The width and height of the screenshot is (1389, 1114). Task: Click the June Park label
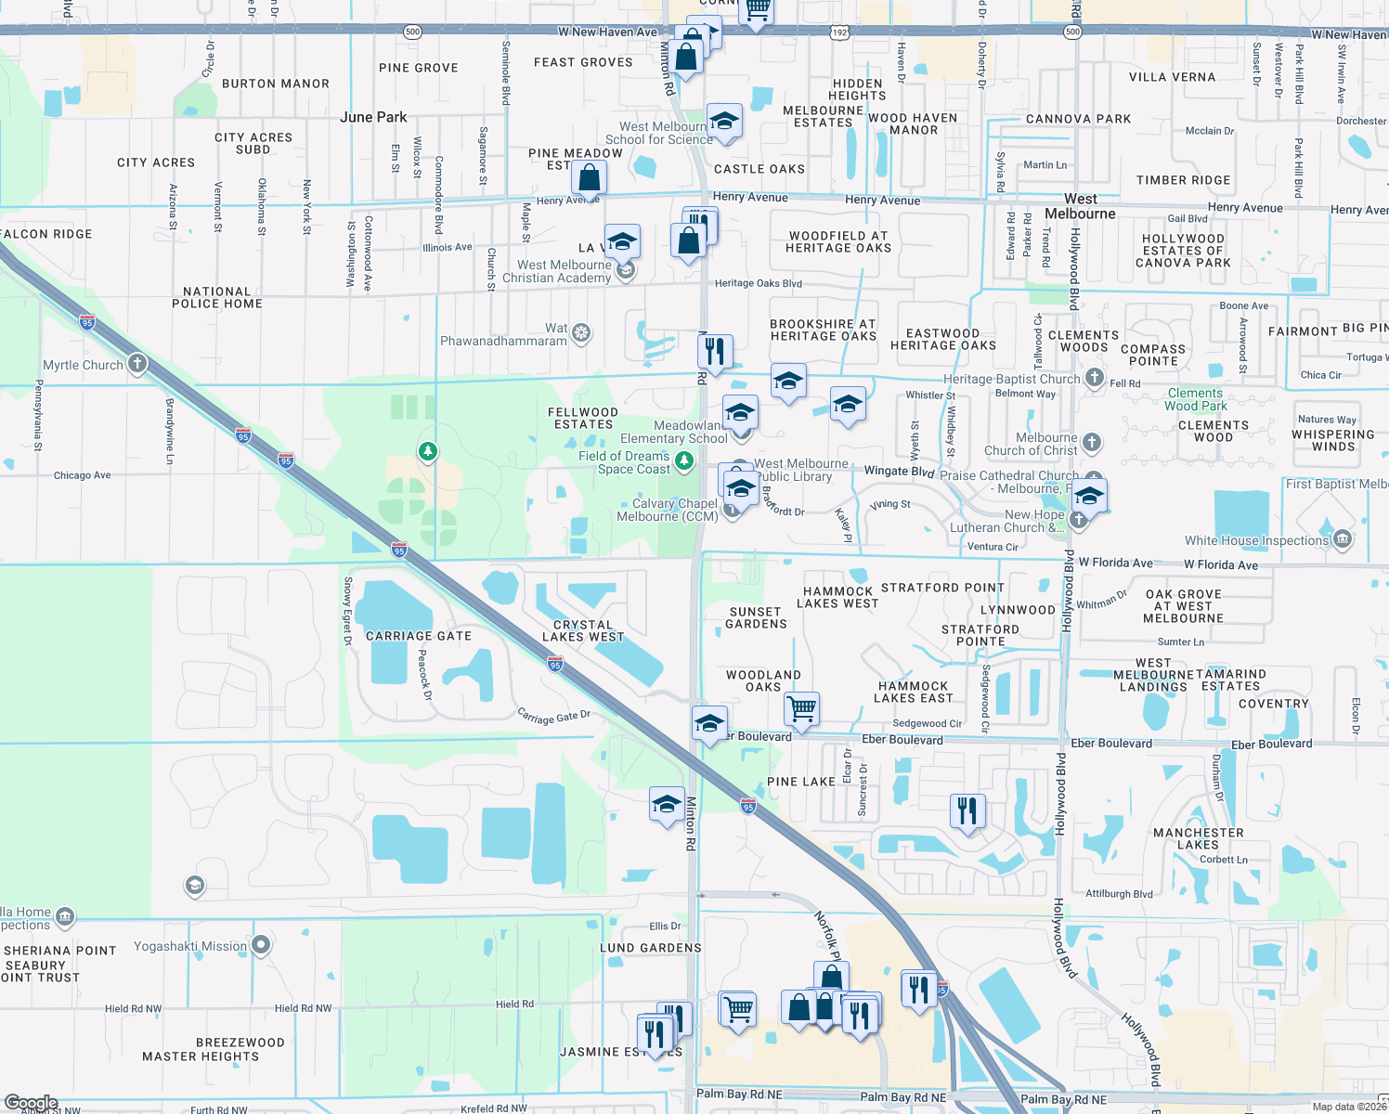pos(373,117)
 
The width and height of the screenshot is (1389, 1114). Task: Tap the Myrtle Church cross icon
pos(137,363)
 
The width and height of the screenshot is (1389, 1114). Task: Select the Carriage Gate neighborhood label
pos(419,636)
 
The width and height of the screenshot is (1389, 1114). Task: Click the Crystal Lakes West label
pos(583,631)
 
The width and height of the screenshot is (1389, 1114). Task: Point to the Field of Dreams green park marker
pos(684,460)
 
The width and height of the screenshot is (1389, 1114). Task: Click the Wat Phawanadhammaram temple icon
pos(581,332)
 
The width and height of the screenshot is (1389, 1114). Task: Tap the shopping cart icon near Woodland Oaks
pos(801,708)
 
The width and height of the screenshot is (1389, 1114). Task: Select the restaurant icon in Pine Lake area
pos(967,810)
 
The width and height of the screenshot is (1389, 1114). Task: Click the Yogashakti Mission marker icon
pos(261,945)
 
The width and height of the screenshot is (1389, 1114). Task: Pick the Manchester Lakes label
pos(1198,838)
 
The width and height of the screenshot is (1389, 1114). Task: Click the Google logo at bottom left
pos(31,1103)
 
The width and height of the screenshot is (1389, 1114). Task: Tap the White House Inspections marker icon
pos(1343,538)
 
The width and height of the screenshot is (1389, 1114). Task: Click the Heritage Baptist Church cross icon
pos(1095,377)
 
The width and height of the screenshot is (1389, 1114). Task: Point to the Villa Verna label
pos(1172,77)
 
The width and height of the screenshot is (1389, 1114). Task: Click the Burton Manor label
pos(276,84)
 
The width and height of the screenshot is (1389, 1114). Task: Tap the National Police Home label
pos(216,297)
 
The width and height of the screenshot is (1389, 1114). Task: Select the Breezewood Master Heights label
pos(201,1049)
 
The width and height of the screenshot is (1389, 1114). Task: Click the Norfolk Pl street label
pos(827,936)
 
